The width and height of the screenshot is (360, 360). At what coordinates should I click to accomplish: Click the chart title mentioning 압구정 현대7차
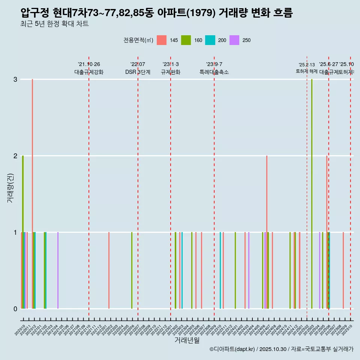156,13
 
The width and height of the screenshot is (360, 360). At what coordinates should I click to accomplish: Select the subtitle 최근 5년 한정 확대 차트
54,24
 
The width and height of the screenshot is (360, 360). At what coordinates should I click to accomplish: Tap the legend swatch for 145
161,40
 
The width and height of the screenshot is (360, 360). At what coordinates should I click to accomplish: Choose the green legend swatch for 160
186,40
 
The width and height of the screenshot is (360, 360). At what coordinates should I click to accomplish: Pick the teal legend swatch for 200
210,40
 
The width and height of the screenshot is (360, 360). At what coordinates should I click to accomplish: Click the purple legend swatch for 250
234,40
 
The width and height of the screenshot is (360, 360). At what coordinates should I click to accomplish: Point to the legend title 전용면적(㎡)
138,40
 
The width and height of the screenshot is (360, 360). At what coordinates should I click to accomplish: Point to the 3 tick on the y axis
15,79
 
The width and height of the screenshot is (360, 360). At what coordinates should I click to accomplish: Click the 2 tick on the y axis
15,156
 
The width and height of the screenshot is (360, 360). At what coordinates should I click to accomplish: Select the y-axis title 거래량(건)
10,187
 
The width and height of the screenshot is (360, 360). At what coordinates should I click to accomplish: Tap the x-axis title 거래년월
187,340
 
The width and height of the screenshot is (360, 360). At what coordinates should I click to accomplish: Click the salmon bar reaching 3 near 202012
33,193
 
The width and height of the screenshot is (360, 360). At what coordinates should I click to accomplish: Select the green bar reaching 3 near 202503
312,193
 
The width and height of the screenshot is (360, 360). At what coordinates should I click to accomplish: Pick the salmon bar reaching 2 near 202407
267,232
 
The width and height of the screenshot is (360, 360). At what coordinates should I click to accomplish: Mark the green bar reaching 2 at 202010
23,232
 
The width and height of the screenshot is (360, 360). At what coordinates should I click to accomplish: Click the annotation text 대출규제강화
89,72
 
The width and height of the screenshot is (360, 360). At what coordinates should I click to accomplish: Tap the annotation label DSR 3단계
138,72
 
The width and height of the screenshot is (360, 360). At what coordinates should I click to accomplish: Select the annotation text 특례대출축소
214,72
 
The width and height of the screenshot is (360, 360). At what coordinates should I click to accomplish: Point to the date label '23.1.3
171,64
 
